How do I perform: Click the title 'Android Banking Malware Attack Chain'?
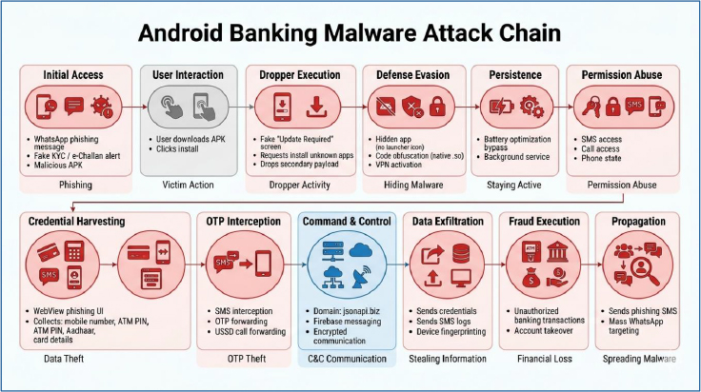[x=350, y=31]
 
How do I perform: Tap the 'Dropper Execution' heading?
[x=298, y=74]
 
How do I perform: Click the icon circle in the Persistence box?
[x=515, y=107]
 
